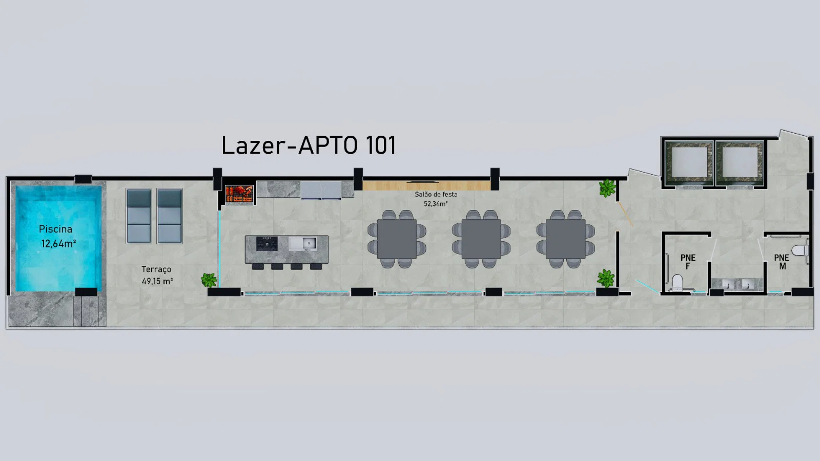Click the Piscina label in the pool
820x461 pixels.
(x=55, y=229)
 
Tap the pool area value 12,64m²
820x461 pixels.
(x=58, y=243)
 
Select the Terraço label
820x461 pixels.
(x=156, y=269)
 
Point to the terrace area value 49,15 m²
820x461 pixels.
(x=157, y=281)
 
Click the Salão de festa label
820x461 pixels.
(x=436, y=194)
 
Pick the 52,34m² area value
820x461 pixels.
(x=436, y=204)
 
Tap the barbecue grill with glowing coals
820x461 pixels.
(x=239, y=194)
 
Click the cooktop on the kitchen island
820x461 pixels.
(x=266, y=243)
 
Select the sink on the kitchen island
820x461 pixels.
(x=303, y=243)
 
